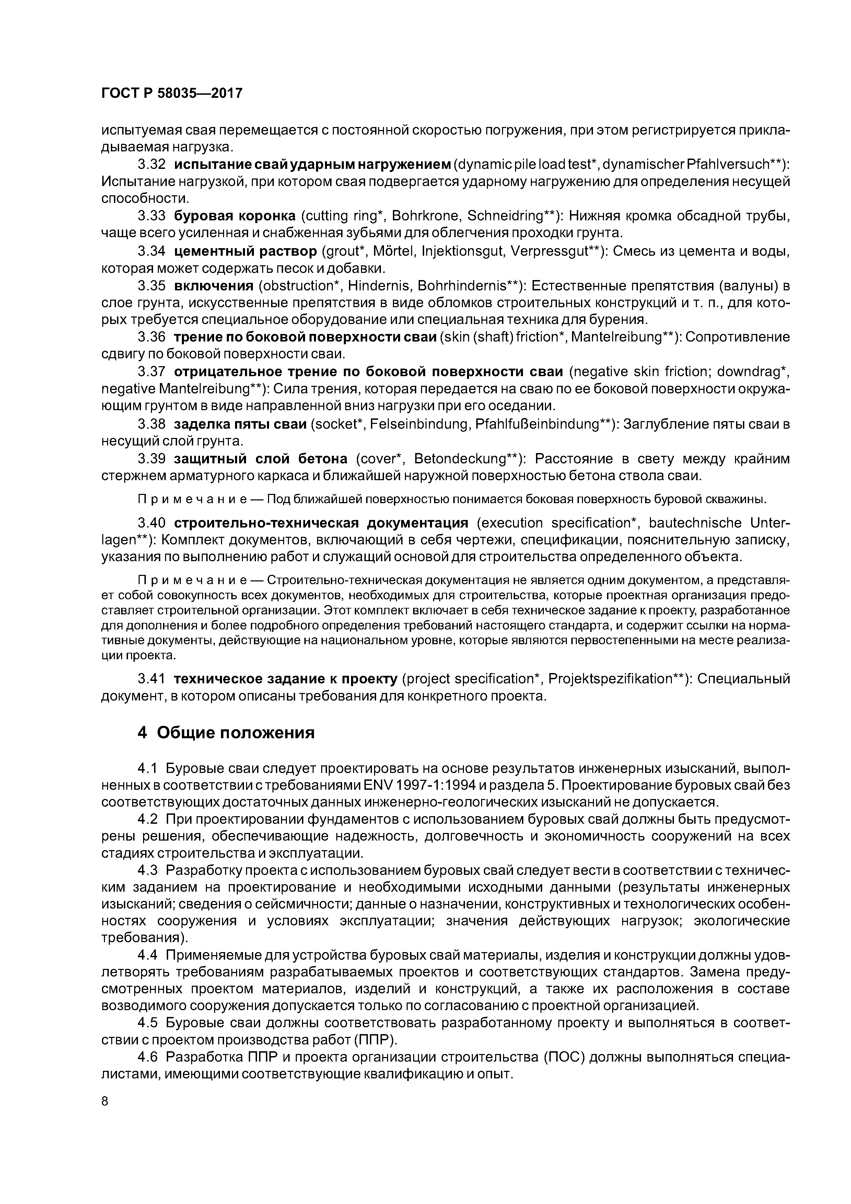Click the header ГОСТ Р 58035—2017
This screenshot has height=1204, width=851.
click(172, 93)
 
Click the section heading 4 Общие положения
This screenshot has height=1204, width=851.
click(226, 732)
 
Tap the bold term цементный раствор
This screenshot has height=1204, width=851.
click(245, 252)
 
